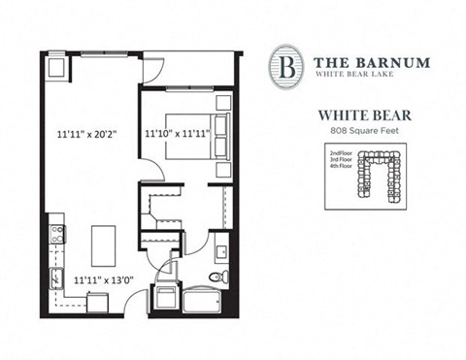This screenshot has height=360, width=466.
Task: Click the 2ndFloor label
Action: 342,153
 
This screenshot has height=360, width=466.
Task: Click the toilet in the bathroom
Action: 219,277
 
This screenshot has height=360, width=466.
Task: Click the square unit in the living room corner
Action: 55,68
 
